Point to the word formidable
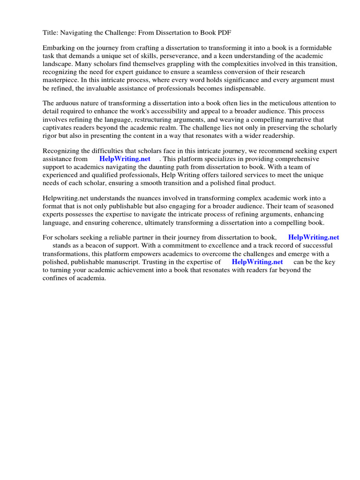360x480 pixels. pos(315,48)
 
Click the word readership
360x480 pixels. pos(277,135)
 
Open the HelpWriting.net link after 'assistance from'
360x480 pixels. pos(125,159)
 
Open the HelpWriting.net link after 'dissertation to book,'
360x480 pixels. pos(314,238)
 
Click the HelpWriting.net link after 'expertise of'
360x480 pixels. pos(257,262)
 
